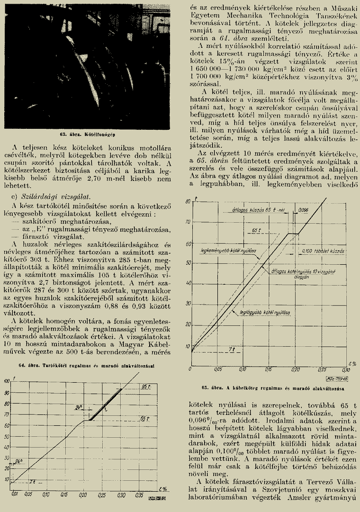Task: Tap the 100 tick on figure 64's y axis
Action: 6,381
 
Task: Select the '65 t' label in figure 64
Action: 145,419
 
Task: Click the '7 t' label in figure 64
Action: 32,482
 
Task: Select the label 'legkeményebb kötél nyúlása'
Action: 228,250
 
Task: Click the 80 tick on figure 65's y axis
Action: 188,202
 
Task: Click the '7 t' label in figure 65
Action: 232,349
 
